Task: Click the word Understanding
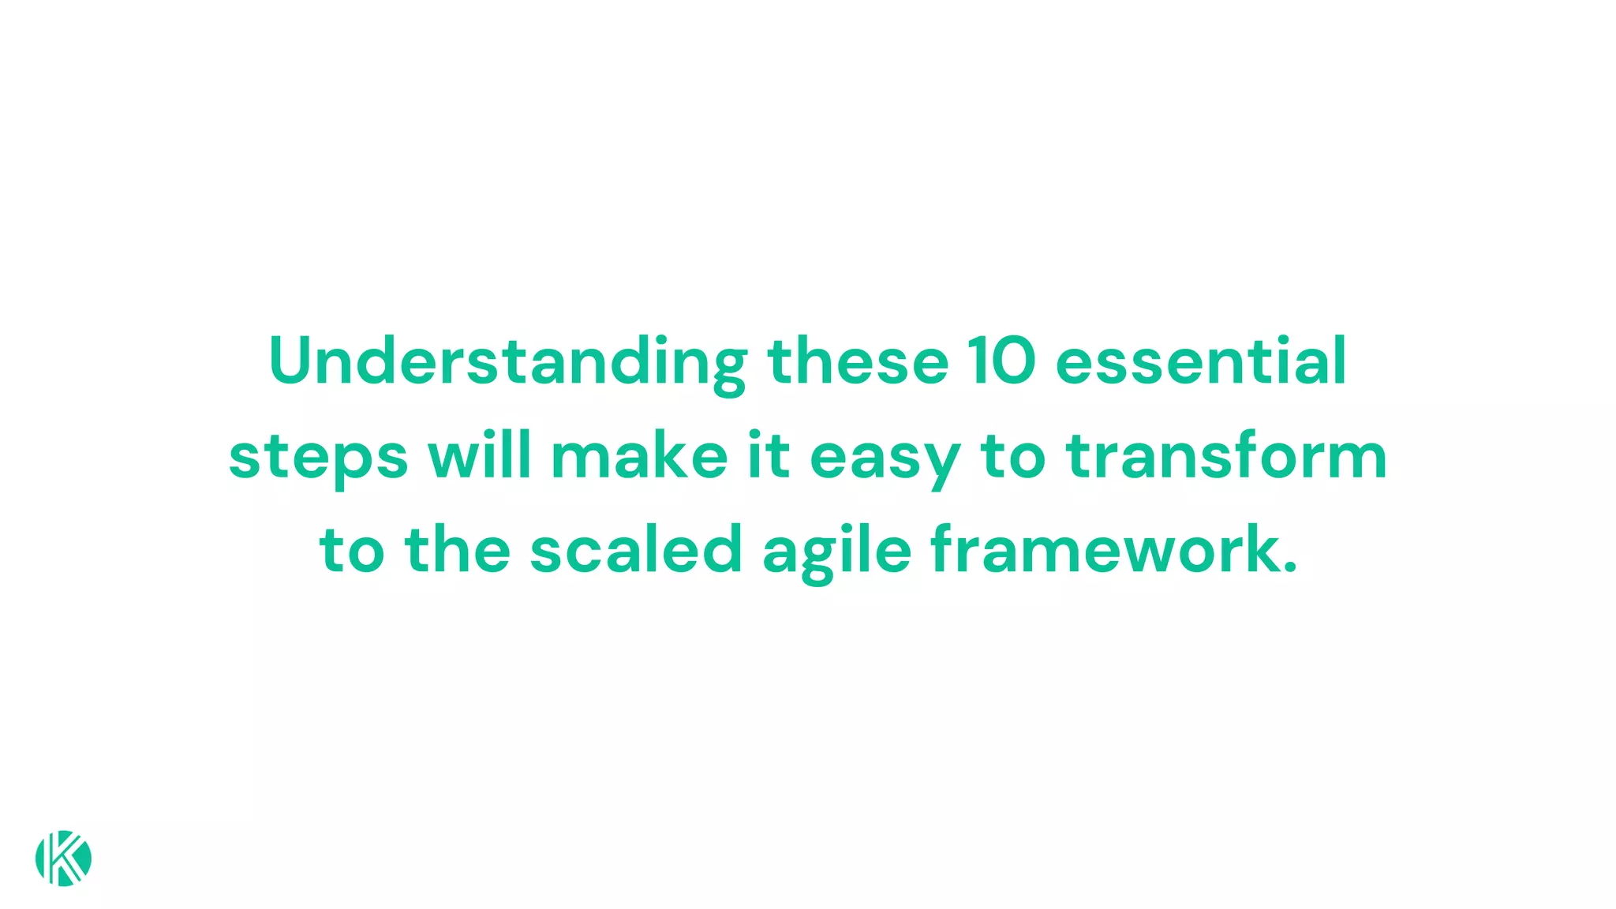tap(507, 362)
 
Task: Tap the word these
tap(858, 362)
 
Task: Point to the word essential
tap(1200, 362)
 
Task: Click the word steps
tap(318, 458)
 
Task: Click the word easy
tap(885, 458)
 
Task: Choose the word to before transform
tap(1012, 457)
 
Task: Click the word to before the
tap(352, 550)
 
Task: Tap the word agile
tap(837, 552)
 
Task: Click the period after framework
tap(1290, 567)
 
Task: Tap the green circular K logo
tap(63, 858)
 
